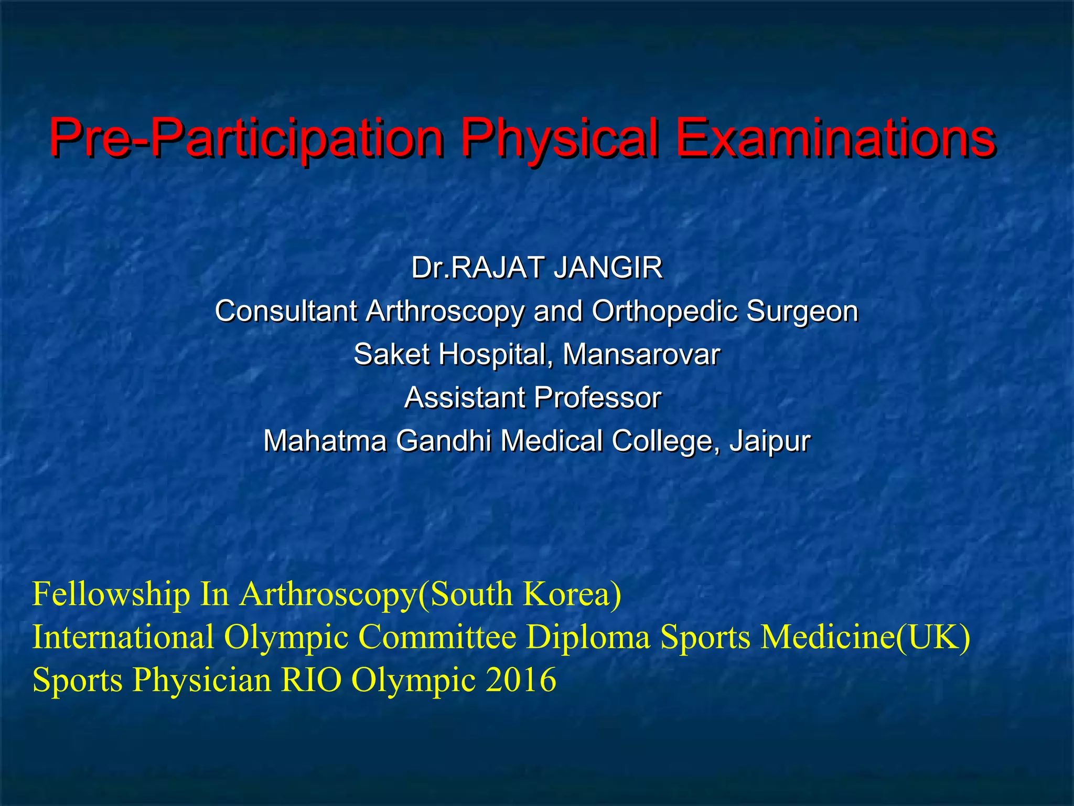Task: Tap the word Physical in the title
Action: tap(559, 139)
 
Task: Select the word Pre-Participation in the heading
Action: tap(246, 139)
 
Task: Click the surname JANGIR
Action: tap(608, 268)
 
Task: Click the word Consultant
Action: tap(286, 311)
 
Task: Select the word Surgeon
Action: tap(802, 311)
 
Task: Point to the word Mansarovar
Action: tap(641, 354)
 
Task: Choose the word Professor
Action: tap(597, 397)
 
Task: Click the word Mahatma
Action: tap(325, 440)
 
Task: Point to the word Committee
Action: tap(437, 637)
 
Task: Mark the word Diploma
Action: tap(588, 637)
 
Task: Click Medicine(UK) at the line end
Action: tap(865, 637)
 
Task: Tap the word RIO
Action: tap(312, 680)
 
